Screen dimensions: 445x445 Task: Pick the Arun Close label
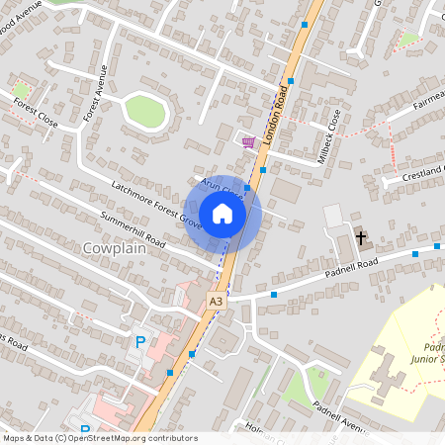point(222,186)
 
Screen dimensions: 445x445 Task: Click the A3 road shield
point(216,301)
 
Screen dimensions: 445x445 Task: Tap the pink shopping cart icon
point(248,142)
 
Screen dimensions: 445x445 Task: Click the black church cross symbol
point(361,237)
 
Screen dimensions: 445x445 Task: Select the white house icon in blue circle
point(222,214)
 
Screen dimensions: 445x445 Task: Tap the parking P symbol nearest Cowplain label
point(140,341)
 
